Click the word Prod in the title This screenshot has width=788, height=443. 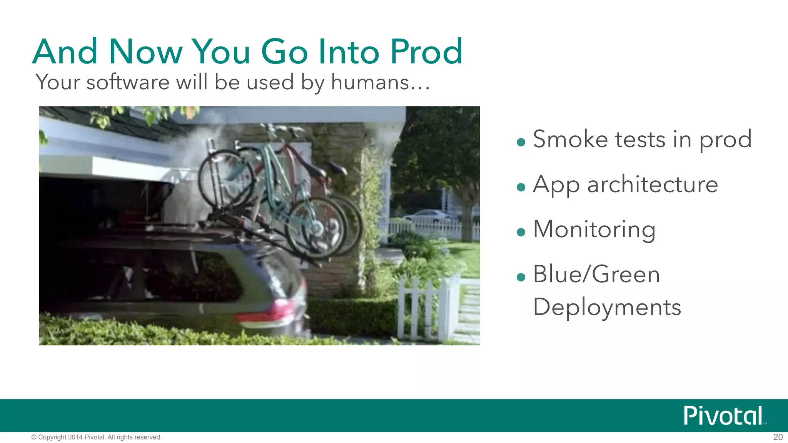pos(426,52)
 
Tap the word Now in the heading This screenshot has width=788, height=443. pos(146,52)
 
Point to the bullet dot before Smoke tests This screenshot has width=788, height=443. pos(521,143)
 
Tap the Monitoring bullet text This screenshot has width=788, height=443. pos(594,229)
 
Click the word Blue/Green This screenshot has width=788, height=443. pos(596,274)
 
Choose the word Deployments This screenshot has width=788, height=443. pos(607,308)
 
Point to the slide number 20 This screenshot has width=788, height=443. pos(778,437)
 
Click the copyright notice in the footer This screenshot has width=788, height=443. pos(96,437)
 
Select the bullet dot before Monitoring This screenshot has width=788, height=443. pos(521,232)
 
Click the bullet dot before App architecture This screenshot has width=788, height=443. pos(521,187)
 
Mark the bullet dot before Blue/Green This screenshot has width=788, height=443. pos(521,277)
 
